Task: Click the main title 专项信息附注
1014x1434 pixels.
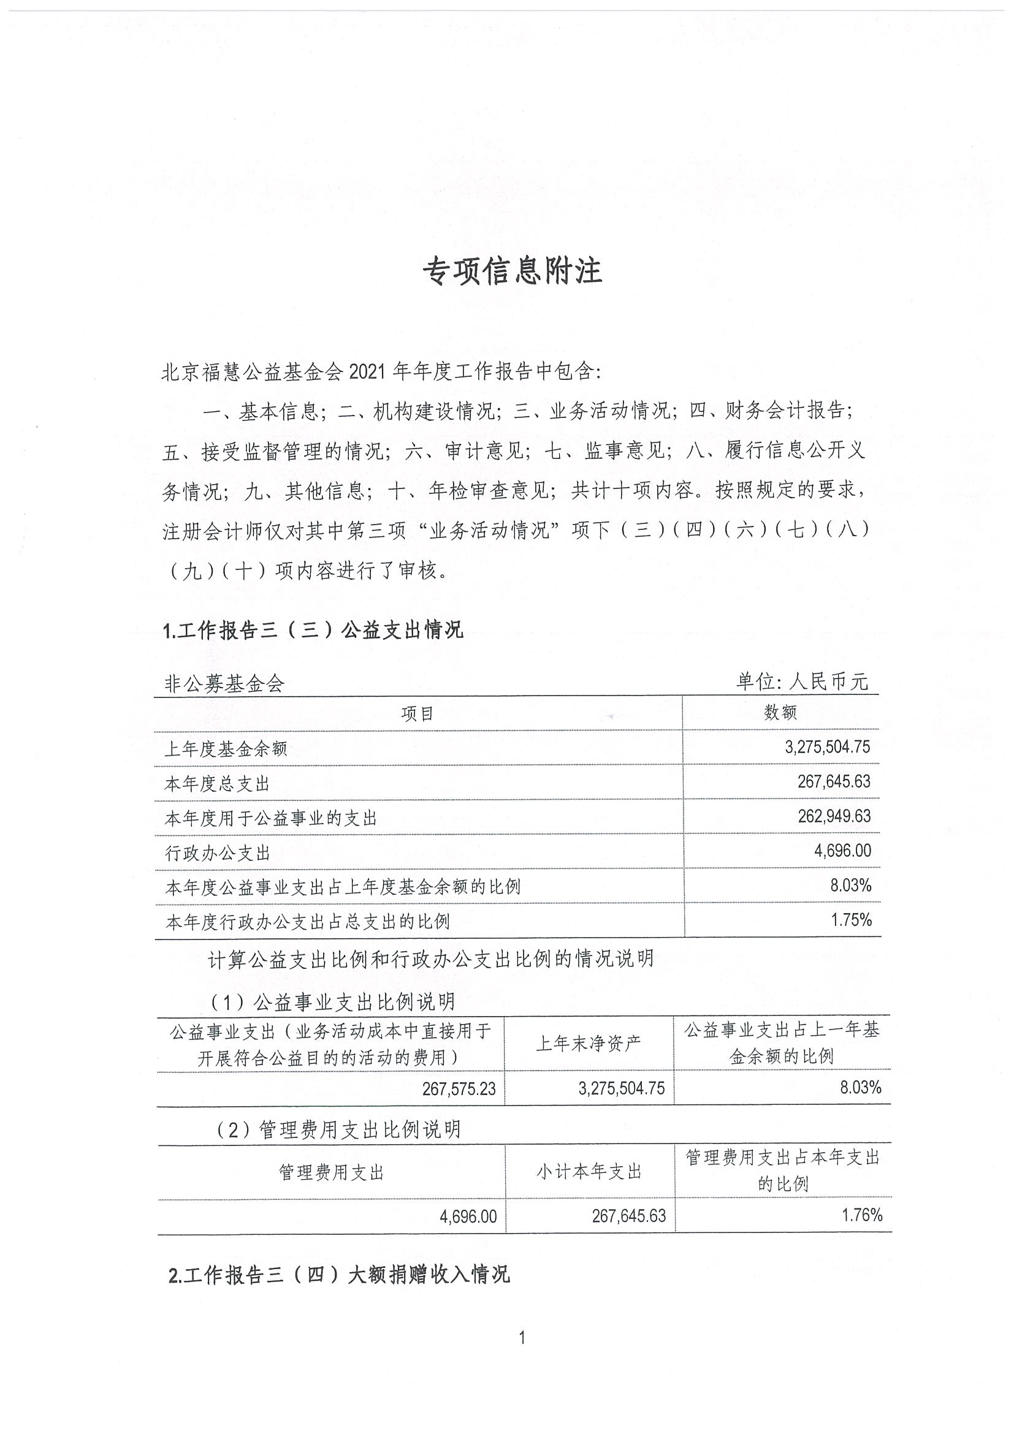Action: tap(513, 271)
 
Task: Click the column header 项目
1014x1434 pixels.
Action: tap(417, 714)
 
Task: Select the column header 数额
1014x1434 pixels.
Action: tap(780, 713)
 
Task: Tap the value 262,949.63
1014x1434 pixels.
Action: tap(833, 816)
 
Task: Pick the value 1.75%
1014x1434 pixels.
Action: tap(851, 919)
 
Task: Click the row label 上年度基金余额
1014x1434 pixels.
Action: tap(226, 749)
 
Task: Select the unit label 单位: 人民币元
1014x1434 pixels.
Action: tap(802, 681)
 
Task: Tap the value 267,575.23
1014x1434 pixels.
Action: tap(459, 1088)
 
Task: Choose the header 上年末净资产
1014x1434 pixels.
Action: tap(589, 1043)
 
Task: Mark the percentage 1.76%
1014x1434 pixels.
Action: tap(862, 1215)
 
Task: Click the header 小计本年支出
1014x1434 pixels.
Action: tap(589, 1172)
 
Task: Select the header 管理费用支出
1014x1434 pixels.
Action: tap(331, 1172)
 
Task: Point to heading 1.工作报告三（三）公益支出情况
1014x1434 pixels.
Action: tap(313, 630)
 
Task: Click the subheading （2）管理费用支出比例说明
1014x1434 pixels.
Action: tap(337, 1129)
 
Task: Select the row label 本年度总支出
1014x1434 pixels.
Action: tap(217, 784)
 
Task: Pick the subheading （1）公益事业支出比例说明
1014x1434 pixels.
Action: tap(332, 1002)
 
